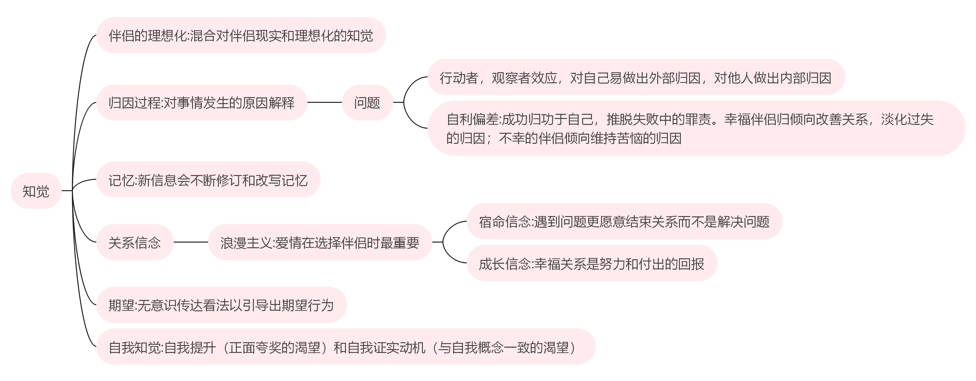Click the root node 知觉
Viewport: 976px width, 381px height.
point(36,191)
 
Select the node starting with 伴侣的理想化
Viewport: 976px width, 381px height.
point(241,35)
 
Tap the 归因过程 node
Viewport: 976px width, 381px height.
point(201,103)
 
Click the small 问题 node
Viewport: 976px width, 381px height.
point(367,103)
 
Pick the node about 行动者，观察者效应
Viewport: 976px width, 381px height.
point(635,77)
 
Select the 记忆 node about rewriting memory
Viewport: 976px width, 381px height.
point(208,180)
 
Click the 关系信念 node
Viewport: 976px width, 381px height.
point(135,242)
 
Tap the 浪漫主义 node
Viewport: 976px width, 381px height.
point(320,242)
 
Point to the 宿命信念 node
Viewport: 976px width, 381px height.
point(624,221)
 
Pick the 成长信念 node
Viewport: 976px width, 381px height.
point(592,263)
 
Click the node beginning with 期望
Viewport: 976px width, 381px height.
point(221,305)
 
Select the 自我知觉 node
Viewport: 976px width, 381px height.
point(345,347)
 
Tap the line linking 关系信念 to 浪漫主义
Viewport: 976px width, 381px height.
point(190,242)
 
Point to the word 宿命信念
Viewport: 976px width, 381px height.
point(505,221)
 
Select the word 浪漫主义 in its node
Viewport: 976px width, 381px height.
point(246,243)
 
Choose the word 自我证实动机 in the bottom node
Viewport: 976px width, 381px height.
point(386,347)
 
